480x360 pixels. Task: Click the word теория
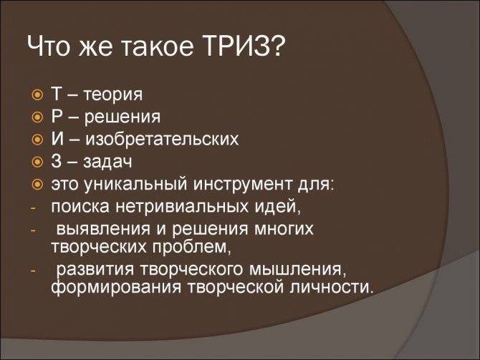[x=113, y=94]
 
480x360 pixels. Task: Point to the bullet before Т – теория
[x=37, y=94]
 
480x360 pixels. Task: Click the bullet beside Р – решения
[x=37, y=117]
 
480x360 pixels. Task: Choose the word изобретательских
[x=162, y=139]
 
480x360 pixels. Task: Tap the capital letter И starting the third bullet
[x=58, y=139]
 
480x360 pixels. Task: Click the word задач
[x=107, y=162]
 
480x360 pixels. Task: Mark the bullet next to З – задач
[x=37, y=162]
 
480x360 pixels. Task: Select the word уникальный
[x=135, y=185]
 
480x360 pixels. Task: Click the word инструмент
[x=243, y=185]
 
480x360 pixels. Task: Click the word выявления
[x=103, y=230]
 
